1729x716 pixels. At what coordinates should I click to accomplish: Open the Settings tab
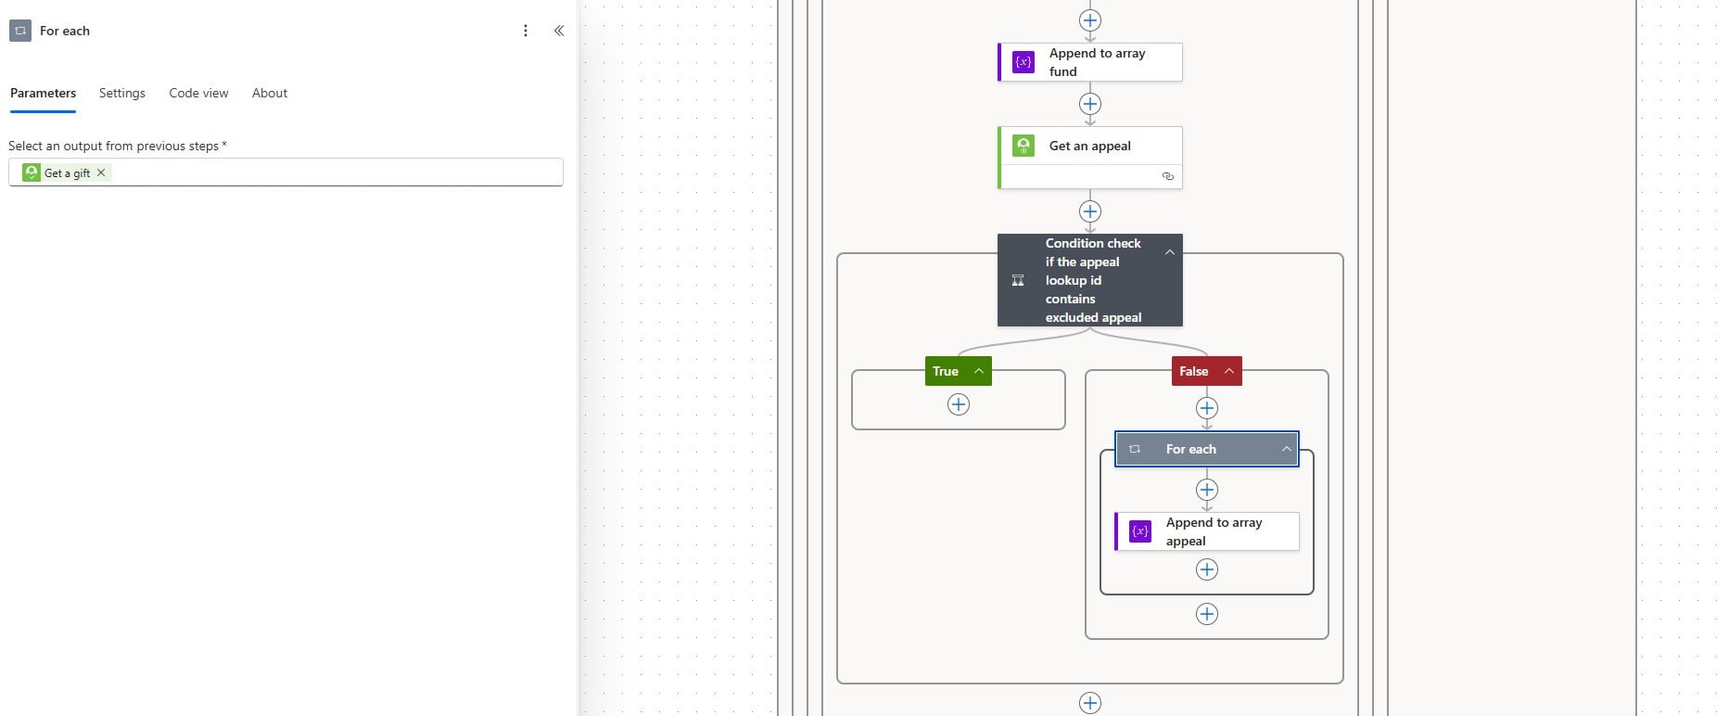click(x=122, y=93)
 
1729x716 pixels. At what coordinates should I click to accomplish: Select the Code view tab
click(x=198, y=93)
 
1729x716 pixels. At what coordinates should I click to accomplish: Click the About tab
click(x=270, y=93)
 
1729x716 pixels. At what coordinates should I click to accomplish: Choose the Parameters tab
click(x=43, y=93)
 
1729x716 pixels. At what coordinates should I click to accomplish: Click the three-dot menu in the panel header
click(x=526, y=31)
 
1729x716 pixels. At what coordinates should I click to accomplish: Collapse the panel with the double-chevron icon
click(x=559, y=31)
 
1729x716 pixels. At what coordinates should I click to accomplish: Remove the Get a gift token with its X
click(x=101, y=173)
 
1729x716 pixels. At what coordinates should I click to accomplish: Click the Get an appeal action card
click(x=1090, y=158)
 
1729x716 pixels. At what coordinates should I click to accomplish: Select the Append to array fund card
click(x=1090, y=62)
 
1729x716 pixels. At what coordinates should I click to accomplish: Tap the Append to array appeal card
click(x=1207, y=531)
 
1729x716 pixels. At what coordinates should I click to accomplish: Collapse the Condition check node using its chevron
click(x=1170, y=251)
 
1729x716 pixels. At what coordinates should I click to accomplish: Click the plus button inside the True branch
click(x=959, y=404)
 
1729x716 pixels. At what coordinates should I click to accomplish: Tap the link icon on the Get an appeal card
click(x=1168, y=176)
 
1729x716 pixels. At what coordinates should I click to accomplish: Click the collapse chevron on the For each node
click(x=1287, y=449)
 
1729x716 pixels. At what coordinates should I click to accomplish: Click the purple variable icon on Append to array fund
click(x=1023, y=62)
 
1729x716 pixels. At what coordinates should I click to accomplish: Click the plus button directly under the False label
click(x=1207, y=408)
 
